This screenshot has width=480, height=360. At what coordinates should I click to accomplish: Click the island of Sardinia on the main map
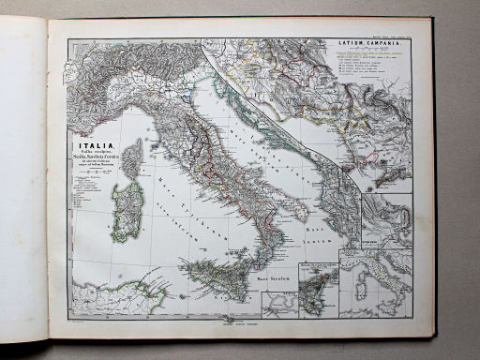pos(127,211)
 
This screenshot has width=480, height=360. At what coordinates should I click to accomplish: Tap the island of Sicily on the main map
pos(216,277)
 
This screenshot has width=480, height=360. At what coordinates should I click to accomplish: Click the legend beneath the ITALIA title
pos(89,187)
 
